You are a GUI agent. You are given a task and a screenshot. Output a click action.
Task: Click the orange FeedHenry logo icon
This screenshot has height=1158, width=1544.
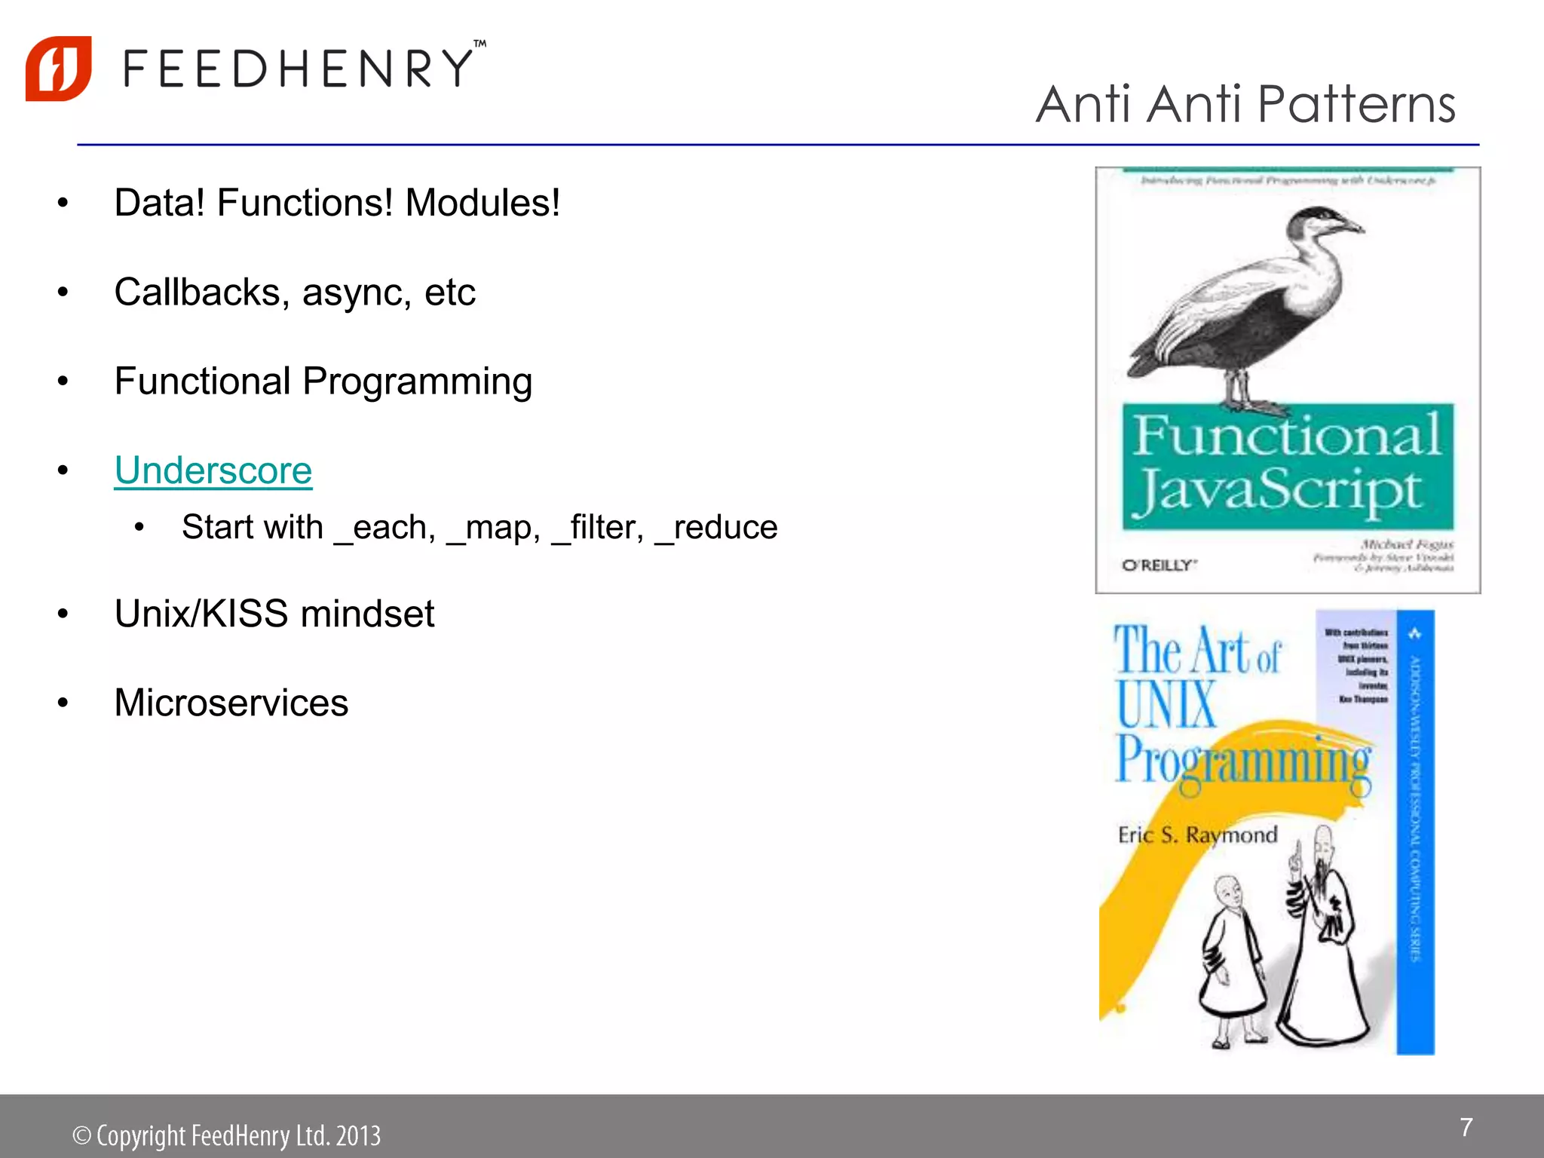pos(59,69)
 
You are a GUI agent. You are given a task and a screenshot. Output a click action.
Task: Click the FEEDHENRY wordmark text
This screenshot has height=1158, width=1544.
pos(299,69)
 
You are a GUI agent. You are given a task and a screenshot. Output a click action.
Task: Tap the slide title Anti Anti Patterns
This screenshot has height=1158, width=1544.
pos(1245,104)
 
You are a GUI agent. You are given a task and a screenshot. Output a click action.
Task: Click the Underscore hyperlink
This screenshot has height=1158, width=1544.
pos(213,471)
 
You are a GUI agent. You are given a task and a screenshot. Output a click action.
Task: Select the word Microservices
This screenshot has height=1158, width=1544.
pos(231,703)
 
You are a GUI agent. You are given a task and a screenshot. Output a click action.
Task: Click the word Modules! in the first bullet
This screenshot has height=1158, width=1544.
pos(482,203)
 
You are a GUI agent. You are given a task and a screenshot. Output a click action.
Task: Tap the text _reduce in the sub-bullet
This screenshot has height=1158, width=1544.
pos(717,527)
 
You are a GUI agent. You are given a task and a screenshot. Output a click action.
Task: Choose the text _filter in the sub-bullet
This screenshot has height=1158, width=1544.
pos(598,527)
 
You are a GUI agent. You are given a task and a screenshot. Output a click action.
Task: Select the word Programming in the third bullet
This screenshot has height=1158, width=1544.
pos(418,382)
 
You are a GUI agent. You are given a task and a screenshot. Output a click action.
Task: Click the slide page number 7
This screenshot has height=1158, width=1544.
pos(1466,1127)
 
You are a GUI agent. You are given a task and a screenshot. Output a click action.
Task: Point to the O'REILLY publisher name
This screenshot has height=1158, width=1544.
pos(1160,565)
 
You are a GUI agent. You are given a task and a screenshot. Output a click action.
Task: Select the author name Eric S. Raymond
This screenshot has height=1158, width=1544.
pos(1197,835)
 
